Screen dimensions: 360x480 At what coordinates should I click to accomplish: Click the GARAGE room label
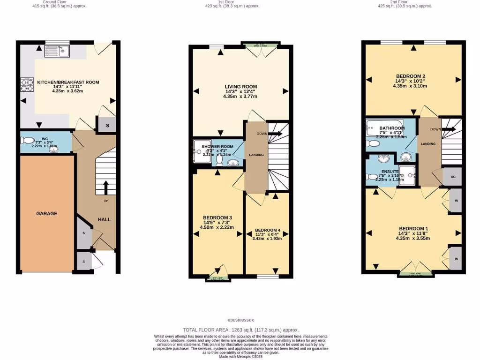pyautogui.click(x=47, y=213)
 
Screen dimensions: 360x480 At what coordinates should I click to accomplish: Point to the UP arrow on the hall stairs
pyautogui.click(x=105, y=187)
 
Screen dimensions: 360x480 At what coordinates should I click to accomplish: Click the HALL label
pyautogui.click(x=104, y=219)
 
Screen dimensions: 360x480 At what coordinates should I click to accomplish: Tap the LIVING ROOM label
pyautogui.click(x=240, y=86)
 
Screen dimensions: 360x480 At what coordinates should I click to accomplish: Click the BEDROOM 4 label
pyautogui.click(x=268, y=230)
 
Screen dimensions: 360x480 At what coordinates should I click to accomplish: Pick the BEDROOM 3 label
pyautogui.click(x=217, y=218)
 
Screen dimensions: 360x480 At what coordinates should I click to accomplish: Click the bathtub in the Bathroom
pyautogui.click(x=384, y=127)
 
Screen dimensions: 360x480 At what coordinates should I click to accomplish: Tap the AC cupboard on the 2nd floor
pyautogui.click(x=453, y=177)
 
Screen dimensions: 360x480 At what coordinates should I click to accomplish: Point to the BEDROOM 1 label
pyautogui.click(x=413, y=228)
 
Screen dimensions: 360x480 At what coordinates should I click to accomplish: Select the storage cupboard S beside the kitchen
pyautogui.click(x=108, y=125)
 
